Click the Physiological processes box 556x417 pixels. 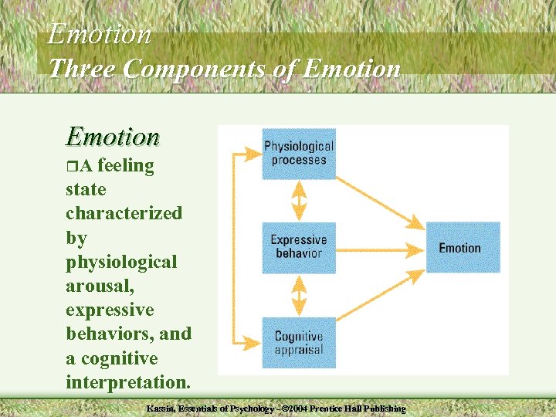tap(299, 154)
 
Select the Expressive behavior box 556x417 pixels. tap(299, 248)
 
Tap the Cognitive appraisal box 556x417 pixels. tap(299, 342)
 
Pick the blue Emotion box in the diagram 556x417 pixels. tap(463, 247)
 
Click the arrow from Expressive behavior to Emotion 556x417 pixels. tap(381, 249)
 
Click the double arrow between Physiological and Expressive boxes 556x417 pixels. tap(299, 201)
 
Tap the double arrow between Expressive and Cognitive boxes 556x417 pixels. tap(299, 295)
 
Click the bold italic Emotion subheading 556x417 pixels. tap(113, 137)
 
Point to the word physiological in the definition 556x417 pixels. tap(121, 262)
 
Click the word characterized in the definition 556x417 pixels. tap(124, 213)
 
